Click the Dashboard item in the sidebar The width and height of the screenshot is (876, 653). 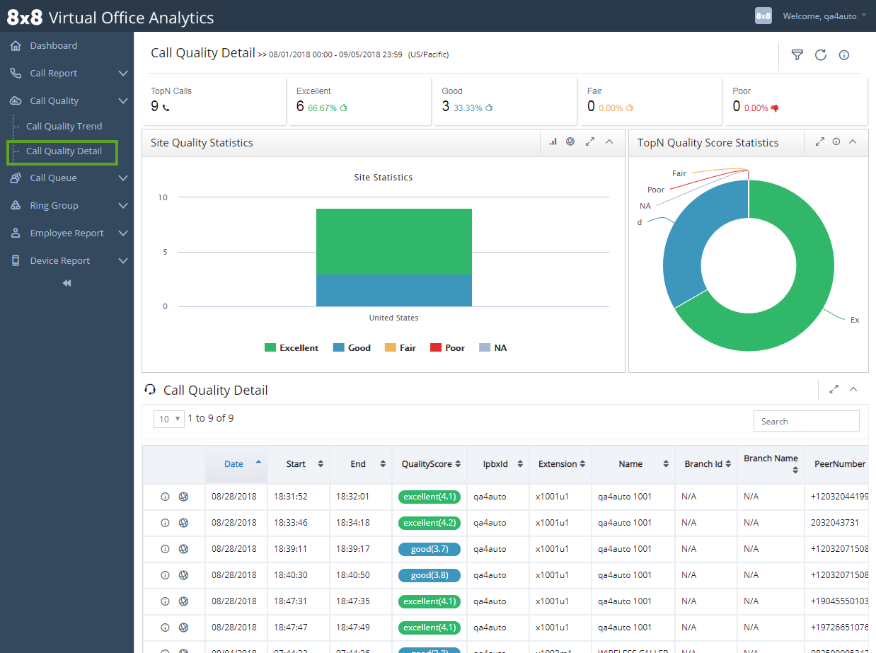point(53,46)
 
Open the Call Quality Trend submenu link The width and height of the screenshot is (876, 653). point(64,127)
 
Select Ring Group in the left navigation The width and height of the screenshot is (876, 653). point(54,206)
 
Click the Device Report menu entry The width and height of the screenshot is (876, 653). point(59,261)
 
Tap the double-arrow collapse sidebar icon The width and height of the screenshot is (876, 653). point(67,284)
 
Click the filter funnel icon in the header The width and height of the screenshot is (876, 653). point(797,55)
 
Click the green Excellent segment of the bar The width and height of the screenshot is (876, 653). point(393,241)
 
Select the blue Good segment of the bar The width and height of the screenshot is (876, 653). point(393,290)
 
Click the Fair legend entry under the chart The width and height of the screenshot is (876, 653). point(400,348)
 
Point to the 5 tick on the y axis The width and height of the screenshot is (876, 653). point(165,252)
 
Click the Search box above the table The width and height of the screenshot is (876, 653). point(806,421)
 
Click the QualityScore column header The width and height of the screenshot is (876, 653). point(427,464)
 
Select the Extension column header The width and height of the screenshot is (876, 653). point(558,464)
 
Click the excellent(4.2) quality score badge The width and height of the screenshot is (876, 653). point(429,523)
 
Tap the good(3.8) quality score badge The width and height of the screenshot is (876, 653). point(429,575)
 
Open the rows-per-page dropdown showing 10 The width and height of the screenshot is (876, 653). point(168,419)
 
